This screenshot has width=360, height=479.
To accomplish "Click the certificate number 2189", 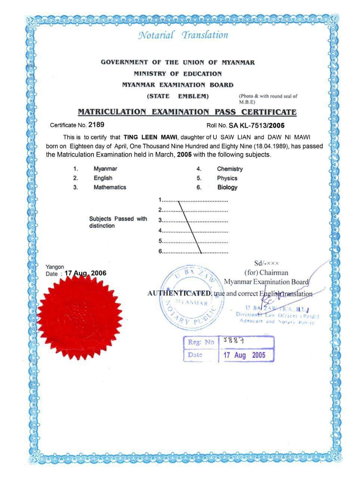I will click(96, 125).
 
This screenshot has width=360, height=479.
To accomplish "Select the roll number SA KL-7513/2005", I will click(256, 125).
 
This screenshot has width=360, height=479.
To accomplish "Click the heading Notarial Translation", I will click(183, 35).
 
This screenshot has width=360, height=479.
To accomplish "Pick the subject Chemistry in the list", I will click(230, 169).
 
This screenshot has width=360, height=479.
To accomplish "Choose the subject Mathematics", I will click(110, 187).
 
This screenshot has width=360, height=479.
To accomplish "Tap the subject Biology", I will click(227, 187).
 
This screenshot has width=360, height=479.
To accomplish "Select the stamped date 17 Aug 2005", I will click(244, 355).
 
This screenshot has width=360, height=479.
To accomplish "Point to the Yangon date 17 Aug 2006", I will click(85, 273).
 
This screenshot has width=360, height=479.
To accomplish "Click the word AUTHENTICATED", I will click(180, 293).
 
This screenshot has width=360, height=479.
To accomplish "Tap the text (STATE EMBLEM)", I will click(178, 96).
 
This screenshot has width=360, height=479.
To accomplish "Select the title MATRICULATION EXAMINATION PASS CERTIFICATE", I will click(187, 112).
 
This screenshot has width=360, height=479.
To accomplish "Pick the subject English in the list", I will click(103, 178).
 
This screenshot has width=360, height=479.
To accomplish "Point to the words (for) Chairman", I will click(266, 272).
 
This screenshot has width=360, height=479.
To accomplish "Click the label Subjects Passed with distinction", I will click(118, 222).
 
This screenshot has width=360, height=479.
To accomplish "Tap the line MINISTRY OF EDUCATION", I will click(178, 74).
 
